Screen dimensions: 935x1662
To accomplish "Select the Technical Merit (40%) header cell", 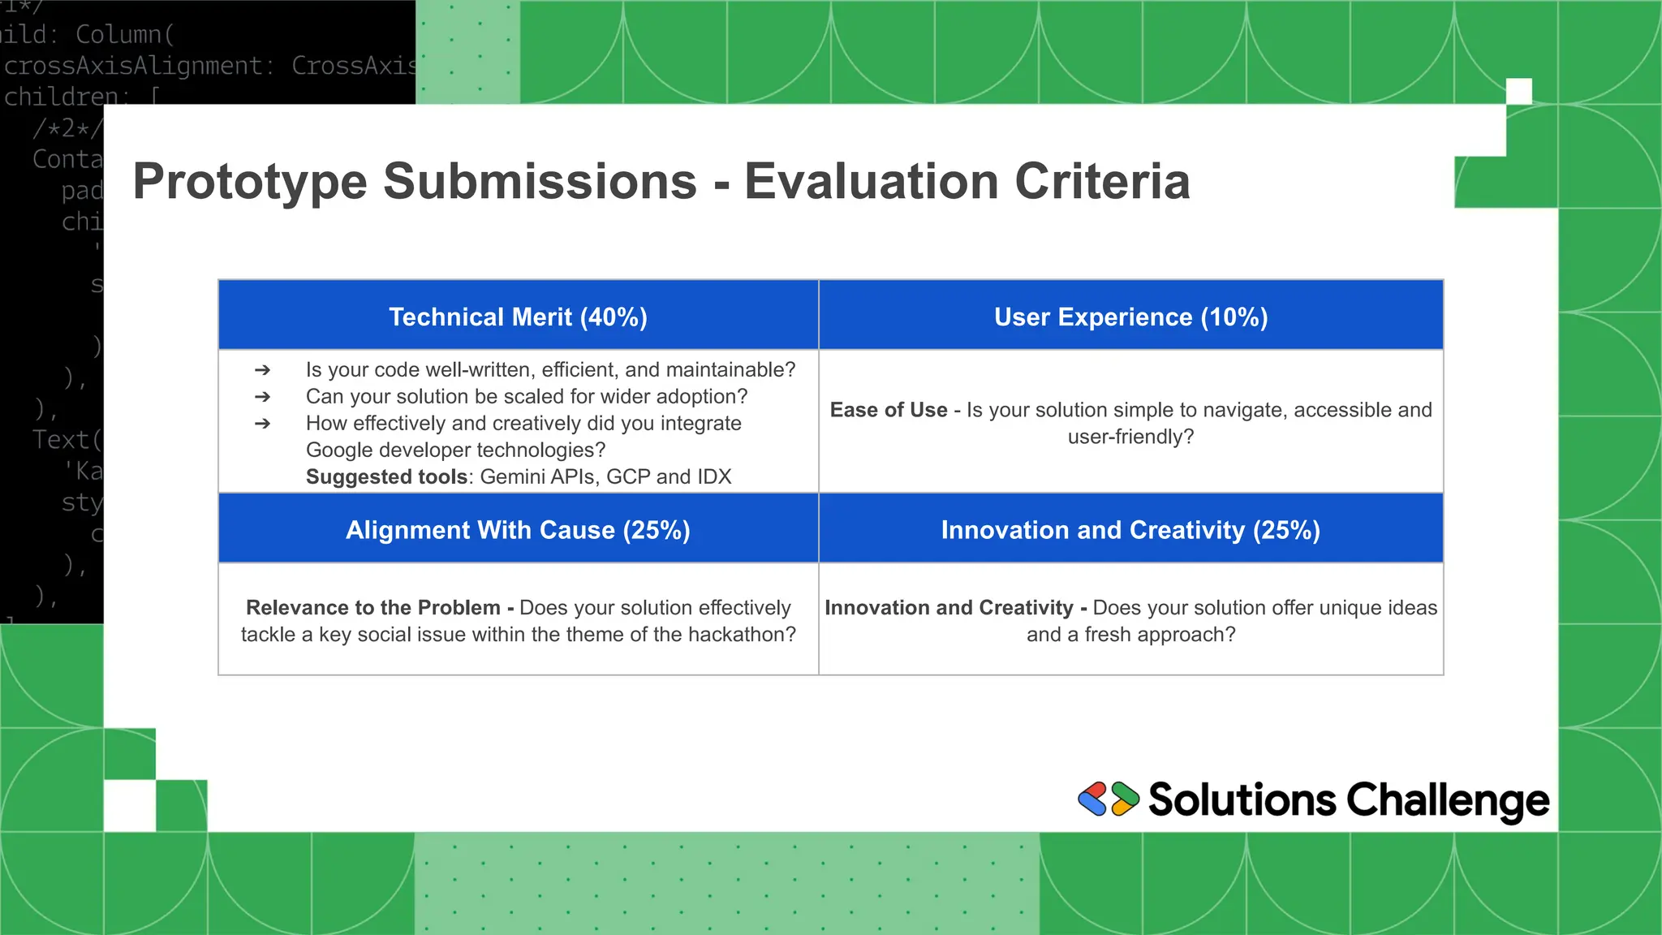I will (518, 317).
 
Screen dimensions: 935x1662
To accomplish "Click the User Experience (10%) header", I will (1130, 317).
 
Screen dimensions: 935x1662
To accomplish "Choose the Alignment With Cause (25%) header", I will (518, 530).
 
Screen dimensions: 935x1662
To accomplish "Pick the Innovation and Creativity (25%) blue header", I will (1130, 530).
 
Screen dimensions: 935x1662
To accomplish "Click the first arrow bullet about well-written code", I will (262, 370).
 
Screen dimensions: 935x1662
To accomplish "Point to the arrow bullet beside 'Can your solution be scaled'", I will (262, 397).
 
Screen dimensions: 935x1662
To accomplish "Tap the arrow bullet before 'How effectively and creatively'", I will (262, 424).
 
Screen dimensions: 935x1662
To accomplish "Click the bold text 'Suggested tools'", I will (386, 476).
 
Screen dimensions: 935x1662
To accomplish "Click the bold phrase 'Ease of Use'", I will (889, 410).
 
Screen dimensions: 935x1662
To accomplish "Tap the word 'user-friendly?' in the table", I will (1130, 437).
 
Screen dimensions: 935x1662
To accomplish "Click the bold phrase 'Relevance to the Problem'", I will (373, 608).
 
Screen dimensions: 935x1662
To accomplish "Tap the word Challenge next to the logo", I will (1448, 800).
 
